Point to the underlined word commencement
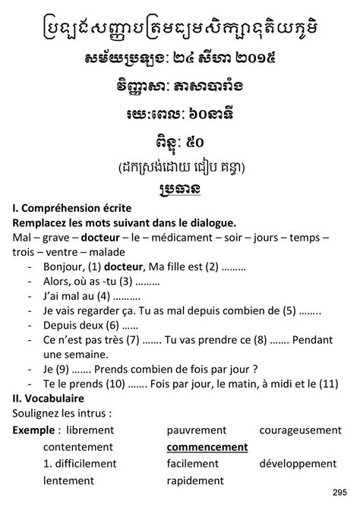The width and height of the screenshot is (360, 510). pyautogui.click(x=207, y=447)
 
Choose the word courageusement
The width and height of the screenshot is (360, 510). pyautogui.click(x=299, y=430)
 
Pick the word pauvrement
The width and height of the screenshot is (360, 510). pyautogui.click(x=197, y=430)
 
